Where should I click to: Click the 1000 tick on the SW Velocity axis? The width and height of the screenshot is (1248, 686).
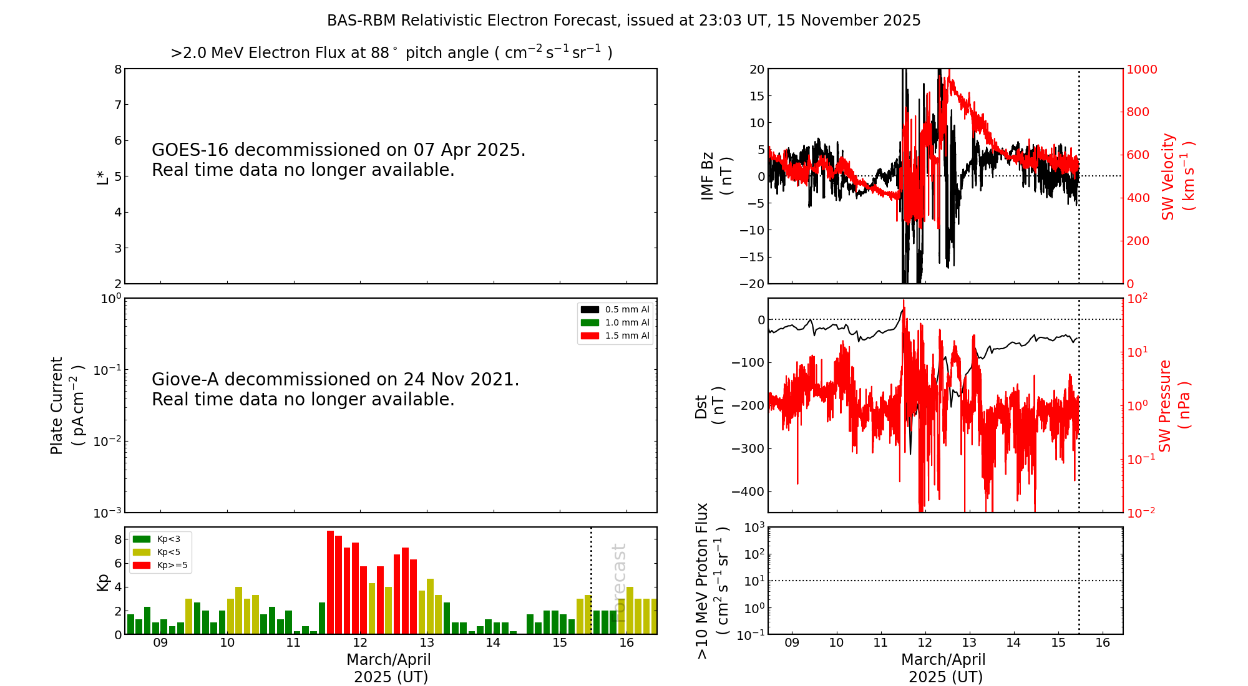[x=1141, y=69]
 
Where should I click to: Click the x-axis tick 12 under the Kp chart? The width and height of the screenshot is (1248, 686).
[x=360, y=643]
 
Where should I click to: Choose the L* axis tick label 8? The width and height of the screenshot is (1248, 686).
[x=117, y=69]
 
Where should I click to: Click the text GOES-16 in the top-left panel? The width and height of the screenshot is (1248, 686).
[x=190, y=150]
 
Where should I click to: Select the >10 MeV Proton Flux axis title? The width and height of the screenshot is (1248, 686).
[x=712, y=581]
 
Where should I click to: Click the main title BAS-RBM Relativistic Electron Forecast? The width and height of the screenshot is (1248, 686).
[x=474, y=21]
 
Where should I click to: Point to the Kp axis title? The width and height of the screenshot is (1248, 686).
[x=102, y=582]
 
